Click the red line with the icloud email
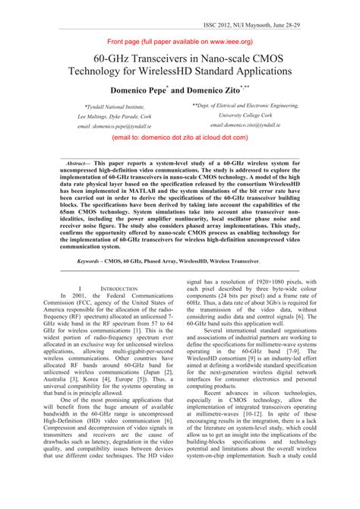coord(179,141)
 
